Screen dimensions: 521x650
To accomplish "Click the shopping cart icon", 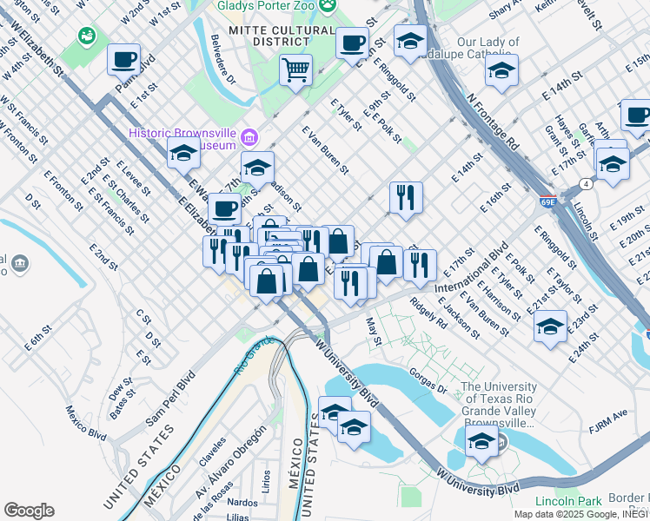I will (x=296, y=69).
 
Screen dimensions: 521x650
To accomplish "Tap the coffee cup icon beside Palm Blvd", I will (x=123, y=60).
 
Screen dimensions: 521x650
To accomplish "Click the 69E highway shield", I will (x=548, y=201).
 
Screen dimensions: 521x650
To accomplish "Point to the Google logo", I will (x=29, y=511).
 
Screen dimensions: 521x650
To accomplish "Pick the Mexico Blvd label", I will (x=85, y=422).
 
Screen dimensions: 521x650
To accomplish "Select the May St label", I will (x=375, y=329).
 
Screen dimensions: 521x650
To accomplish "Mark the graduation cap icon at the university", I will (x=481, y=441).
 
